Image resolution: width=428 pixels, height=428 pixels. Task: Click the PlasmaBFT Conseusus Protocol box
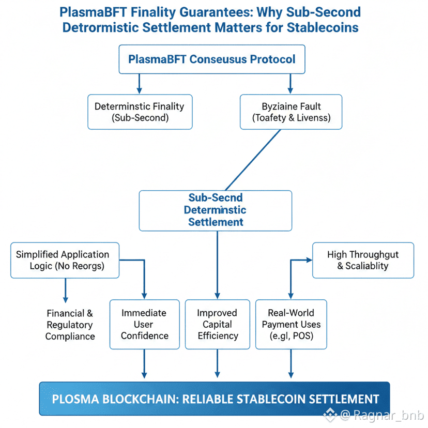tap(212, 59)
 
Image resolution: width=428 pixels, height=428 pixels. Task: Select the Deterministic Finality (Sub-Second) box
tap(140, 112)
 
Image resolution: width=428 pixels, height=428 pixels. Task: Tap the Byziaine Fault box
tap(291, 112)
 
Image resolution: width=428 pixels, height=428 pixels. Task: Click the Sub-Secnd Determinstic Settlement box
tap(215, 210)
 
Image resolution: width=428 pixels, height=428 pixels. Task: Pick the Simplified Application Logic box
tap(65, 260)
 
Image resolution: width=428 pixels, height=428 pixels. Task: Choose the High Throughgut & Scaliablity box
tap(363, 260)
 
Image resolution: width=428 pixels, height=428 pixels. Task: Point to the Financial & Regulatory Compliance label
tap(70, 325)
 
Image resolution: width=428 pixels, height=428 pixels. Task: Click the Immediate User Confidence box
tap(144, 325)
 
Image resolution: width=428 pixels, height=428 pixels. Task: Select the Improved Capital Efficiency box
tap(217, 325)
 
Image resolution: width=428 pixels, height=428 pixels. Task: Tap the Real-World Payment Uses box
tap(291, 325)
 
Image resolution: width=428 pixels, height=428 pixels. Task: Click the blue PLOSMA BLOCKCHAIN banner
tap(214, 399)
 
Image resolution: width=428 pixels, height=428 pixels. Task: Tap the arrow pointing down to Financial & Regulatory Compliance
tap(65, 292)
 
